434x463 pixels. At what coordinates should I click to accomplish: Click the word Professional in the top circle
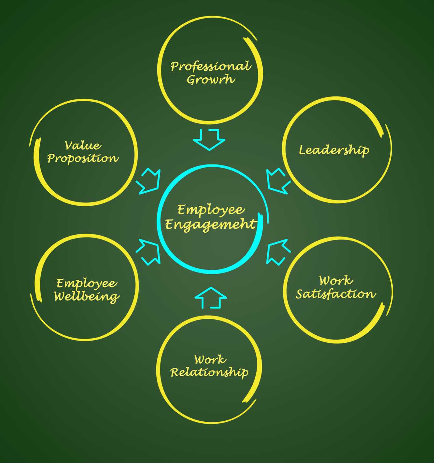point(210,67)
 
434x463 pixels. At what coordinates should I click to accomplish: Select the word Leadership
point(334,150)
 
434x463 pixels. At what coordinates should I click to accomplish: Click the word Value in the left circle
point(83,146)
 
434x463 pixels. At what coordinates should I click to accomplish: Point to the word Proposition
point(83,159)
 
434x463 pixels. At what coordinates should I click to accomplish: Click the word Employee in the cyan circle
point(211,210)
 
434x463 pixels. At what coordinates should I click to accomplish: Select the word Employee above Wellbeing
point(86,283)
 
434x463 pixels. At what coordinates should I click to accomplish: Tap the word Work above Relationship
point(210,360)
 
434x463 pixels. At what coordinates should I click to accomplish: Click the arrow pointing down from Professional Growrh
point(209,139)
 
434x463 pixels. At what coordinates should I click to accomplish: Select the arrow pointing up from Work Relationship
point(211,297)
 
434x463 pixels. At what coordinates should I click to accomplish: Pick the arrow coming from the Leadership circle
point(277,181)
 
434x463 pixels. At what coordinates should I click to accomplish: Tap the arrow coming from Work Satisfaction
point(277,252)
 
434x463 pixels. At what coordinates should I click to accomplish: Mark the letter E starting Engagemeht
point(170,224)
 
